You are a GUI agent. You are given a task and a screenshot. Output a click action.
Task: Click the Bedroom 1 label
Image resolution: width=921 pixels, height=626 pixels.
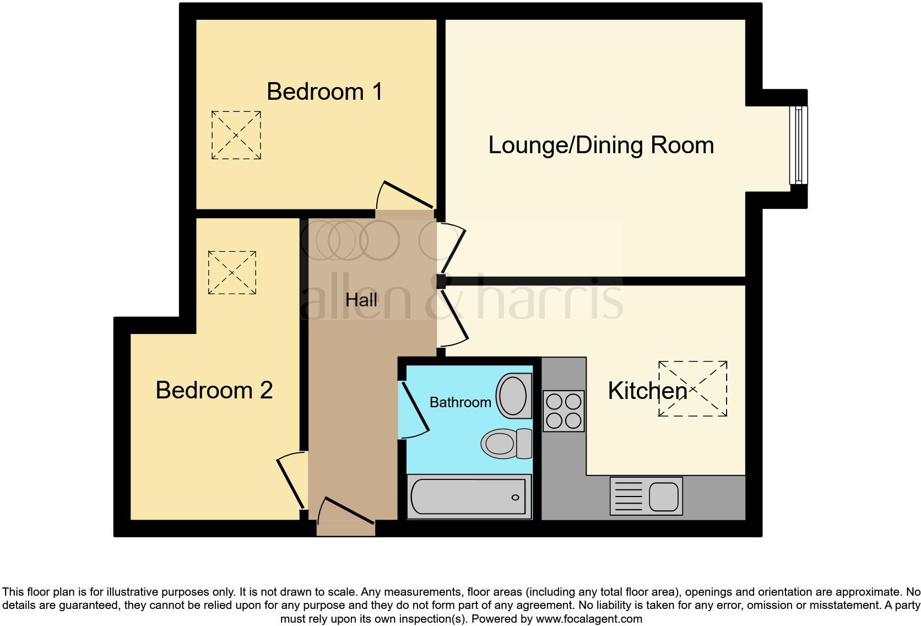(x=324, y=91)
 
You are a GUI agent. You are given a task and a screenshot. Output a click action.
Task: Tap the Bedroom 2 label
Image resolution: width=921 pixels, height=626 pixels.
(x=214, y=390)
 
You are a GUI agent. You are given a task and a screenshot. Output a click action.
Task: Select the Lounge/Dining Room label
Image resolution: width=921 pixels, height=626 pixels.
(x=601, y=145)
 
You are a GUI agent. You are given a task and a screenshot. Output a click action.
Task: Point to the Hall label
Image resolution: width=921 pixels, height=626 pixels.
(x=361, y=300)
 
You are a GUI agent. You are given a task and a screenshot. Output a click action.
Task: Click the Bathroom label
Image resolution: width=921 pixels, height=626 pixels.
(x=460, y=402)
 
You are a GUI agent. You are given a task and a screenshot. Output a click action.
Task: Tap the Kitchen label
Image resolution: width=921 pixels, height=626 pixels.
(x=647, y=391)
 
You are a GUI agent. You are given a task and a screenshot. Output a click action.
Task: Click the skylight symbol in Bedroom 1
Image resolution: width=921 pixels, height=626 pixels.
(x=236, y=135)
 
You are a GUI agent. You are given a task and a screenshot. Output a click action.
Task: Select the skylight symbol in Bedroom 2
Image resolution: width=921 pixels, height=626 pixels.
(x=232, y=272)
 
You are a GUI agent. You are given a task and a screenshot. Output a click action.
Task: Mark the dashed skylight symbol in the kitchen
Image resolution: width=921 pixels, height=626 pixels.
(x=693, y=388)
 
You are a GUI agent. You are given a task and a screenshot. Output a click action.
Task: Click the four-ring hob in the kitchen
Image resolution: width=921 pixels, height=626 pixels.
(x=563, y=411)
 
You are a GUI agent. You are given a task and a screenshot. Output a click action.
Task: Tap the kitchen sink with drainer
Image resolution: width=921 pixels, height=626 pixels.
(x=646, y=496)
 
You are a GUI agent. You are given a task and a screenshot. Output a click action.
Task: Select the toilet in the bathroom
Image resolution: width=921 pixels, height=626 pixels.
(x=506, y=444)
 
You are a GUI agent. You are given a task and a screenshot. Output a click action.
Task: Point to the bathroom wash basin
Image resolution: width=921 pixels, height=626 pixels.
(x=514, y=396)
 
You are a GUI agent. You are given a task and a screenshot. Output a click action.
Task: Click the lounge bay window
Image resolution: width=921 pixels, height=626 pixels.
(x=798, y=145)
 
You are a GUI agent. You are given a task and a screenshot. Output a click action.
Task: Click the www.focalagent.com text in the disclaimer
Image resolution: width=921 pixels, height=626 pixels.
(x=589, y=619)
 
